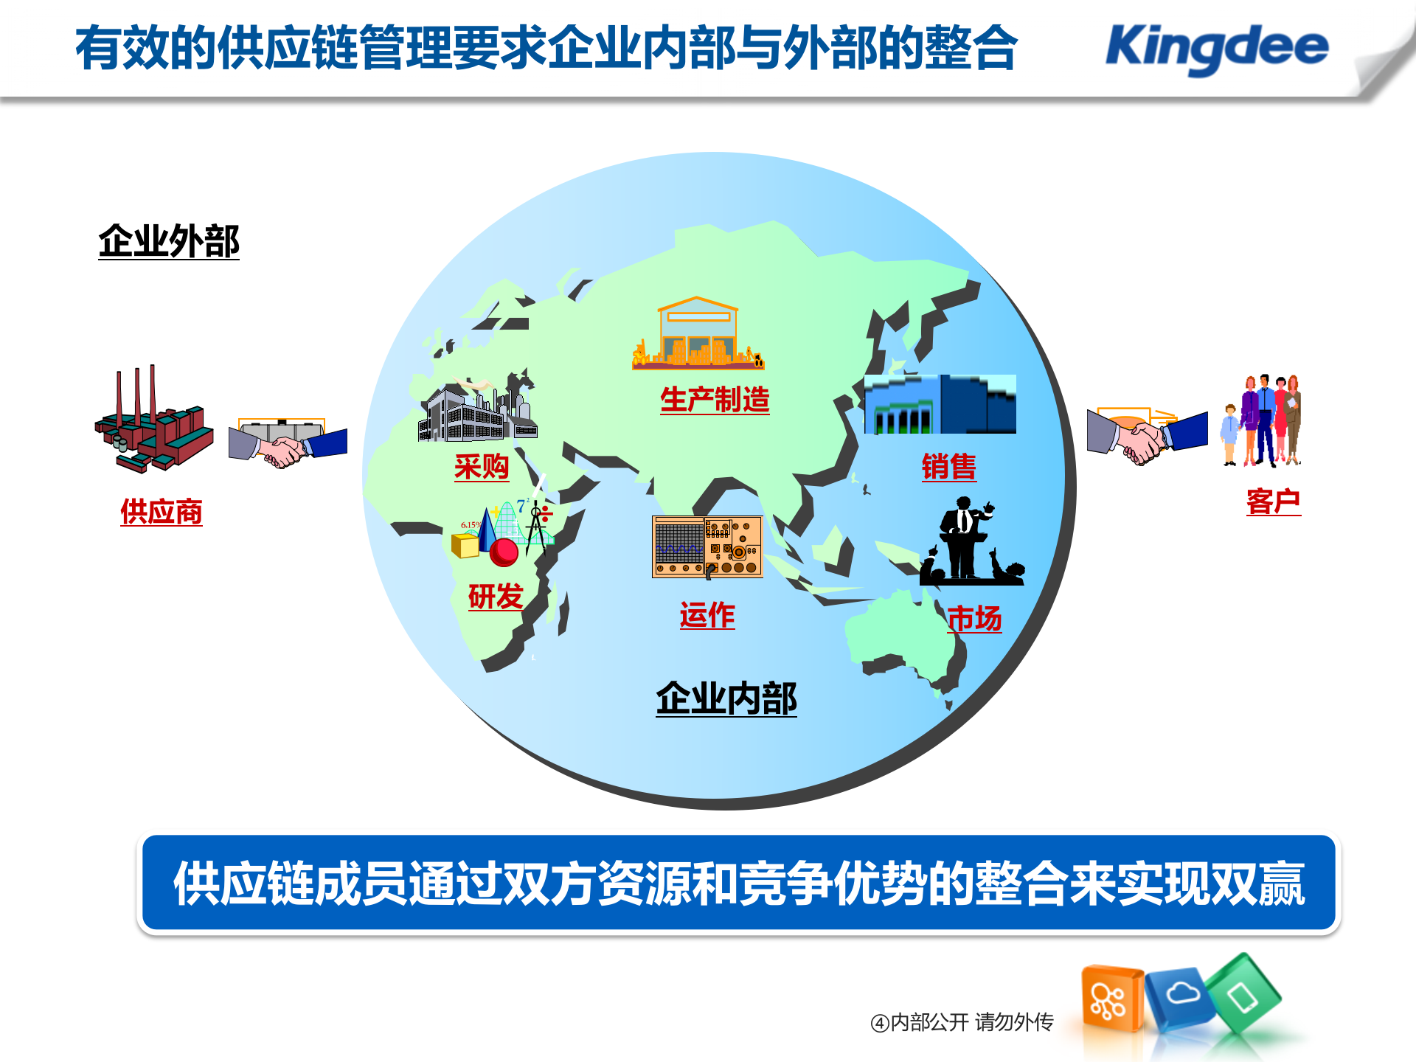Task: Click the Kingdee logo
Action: (1217, 48)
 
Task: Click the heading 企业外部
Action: (169, 241)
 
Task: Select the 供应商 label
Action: (162, 512)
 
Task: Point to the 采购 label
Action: (482, 467)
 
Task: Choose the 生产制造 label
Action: (715, 400)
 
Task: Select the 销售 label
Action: (948, 467)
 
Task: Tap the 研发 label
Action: (496, 596)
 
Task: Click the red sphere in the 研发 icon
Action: (504, 552)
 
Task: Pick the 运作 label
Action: (707, 615)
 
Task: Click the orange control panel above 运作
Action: (707, 546)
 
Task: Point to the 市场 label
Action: (974, 618)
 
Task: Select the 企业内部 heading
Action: (726, 698)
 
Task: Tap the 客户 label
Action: (1273, 502)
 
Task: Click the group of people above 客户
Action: (1263, 420)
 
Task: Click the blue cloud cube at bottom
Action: (1181, 997)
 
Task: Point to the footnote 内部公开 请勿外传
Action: (962, 1022)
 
